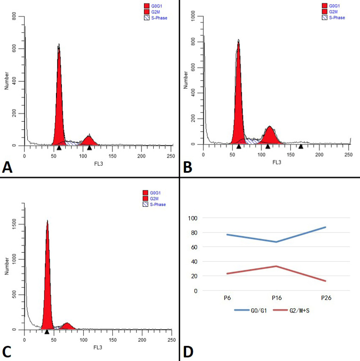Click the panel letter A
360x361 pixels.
click(7, 167)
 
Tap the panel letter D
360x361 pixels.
click(188, 352)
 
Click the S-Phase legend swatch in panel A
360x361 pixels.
click(147, 18)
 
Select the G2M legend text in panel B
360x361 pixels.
click(333, 12)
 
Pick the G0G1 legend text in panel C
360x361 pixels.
click(155, 193)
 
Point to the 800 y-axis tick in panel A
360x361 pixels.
click(14, 16)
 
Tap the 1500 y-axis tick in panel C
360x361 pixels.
click(14, 224)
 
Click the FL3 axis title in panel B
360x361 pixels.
click(277, 162)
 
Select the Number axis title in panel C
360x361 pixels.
click(6, 266)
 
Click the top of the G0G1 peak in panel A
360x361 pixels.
click(59, 44)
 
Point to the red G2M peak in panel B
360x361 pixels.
click(270, 136)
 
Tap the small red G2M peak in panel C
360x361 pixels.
click(67, 326)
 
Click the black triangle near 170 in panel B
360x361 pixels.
click(301, 146)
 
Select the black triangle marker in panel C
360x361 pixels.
click(47, 332)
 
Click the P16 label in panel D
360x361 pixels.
click(277, 298)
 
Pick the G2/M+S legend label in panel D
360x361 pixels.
click(299, 310)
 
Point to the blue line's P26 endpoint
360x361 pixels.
click(326, 227)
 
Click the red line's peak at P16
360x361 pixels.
click(276, 266)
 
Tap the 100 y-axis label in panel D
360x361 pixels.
click(193, 218)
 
